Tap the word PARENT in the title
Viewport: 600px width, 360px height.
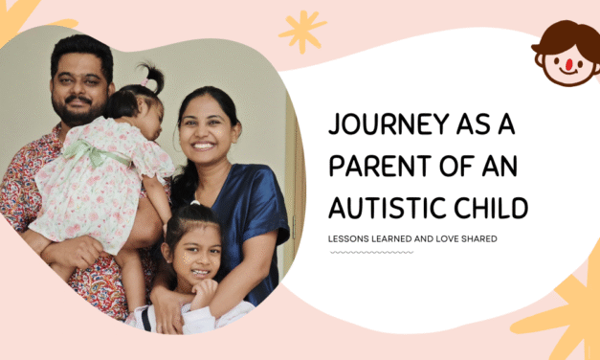(x=380, y=166)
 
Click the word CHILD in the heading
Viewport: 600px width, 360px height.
(x=496, y=207)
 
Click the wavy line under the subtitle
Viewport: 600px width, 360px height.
(x=371, y=253)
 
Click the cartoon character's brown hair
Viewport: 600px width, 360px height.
(x=565, y=36)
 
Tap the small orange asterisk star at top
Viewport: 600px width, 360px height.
(x=302, y=31)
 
